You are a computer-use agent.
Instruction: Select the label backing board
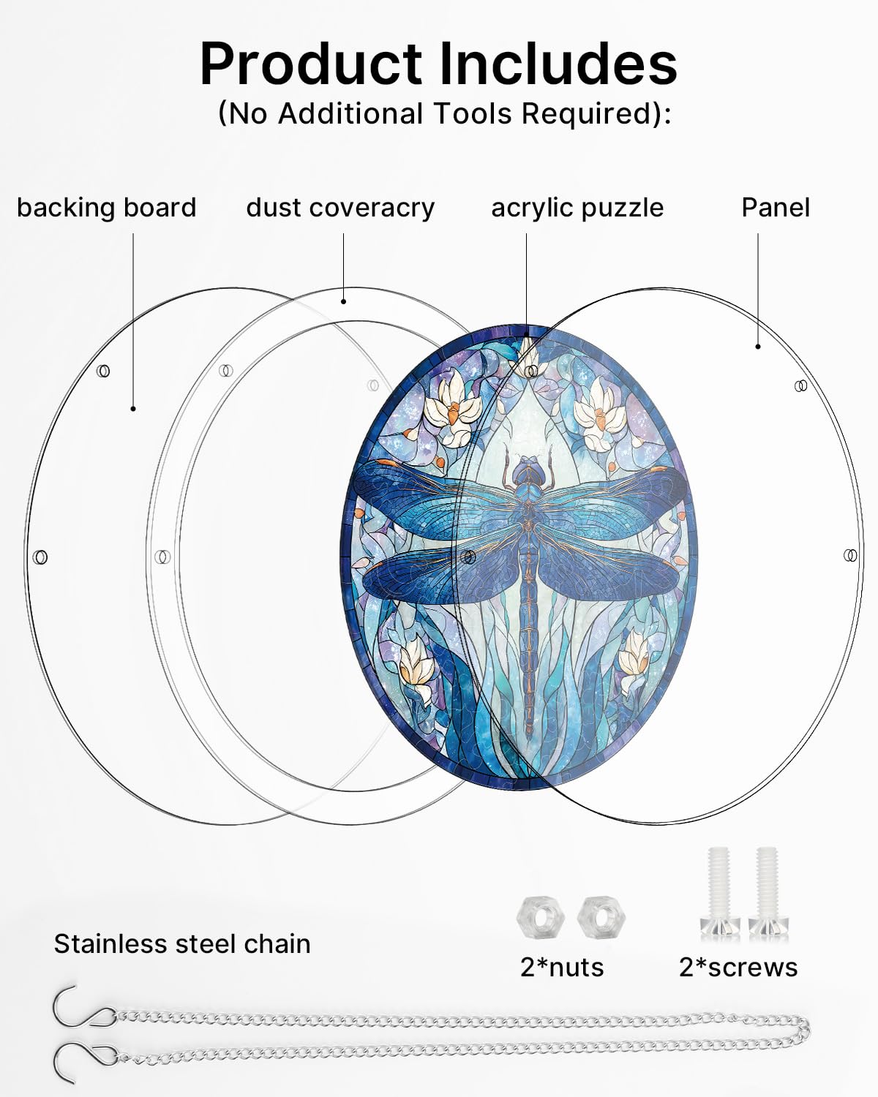point(107,208)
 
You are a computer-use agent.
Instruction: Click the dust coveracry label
point(340,208)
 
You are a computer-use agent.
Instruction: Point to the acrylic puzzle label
point(577,208)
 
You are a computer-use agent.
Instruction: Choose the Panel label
point(776,208)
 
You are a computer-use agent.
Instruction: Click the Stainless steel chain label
point(182,944)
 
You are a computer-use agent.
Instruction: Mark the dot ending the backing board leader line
point(133,409)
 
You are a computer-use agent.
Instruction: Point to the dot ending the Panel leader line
point(758,347)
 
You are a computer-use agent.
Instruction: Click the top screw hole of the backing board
point(103,371)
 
